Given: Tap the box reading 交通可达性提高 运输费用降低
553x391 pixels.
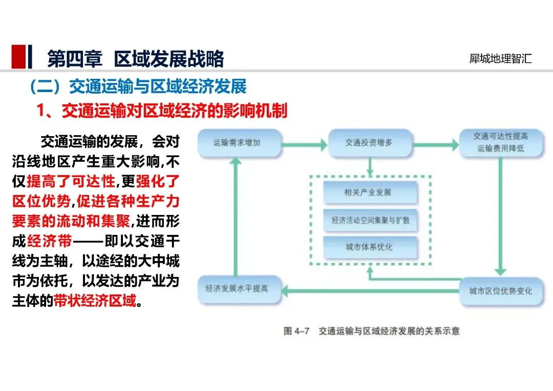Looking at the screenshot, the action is [501, 143].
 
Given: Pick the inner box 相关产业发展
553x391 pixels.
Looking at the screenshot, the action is [370, 192].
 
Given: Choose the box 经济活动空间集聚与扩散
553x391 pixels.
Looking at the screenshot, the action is [370, 221].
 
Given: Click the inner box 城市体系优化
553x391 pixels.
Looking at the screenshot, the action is [370, 247].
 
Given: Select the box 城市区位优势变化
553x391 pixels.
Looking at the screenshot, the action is [501, 291].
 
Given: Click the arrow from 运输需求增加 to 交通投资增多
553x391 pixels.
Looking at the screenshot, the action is [304, 144].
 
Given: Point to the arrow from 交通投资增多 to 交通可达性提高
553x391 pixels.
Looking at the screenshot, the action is [436, 144].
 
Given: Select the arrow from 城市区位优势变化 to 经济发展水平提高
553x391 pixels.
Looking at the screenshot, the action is [370, 291].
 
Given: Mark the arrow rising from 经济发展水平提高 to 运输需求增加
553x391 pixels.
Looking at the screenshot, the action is [236, 216].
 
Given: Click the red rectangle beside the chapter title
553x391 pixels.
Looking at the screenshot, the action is [19, 56].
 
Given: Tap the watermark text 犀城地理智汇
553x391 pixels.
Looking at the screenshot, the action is [500, 58].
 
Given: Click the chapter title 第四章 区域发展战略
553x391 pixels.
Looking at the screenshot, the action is [136, 58].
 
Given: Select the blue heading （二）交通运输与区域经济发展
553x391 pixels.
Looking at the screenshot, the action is [138, 86].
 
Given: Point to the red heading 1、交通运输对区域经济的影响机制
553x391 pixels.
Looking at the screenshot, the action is [162, 111].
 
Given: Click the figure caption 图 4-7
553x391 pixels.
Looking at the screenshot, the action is [296, 331].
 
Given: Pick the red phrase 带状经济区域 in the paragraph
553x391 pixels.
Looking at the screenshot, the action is [95, 301].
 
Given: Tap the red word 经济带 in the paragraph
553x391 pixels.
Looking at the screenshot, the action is [49, 241].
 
